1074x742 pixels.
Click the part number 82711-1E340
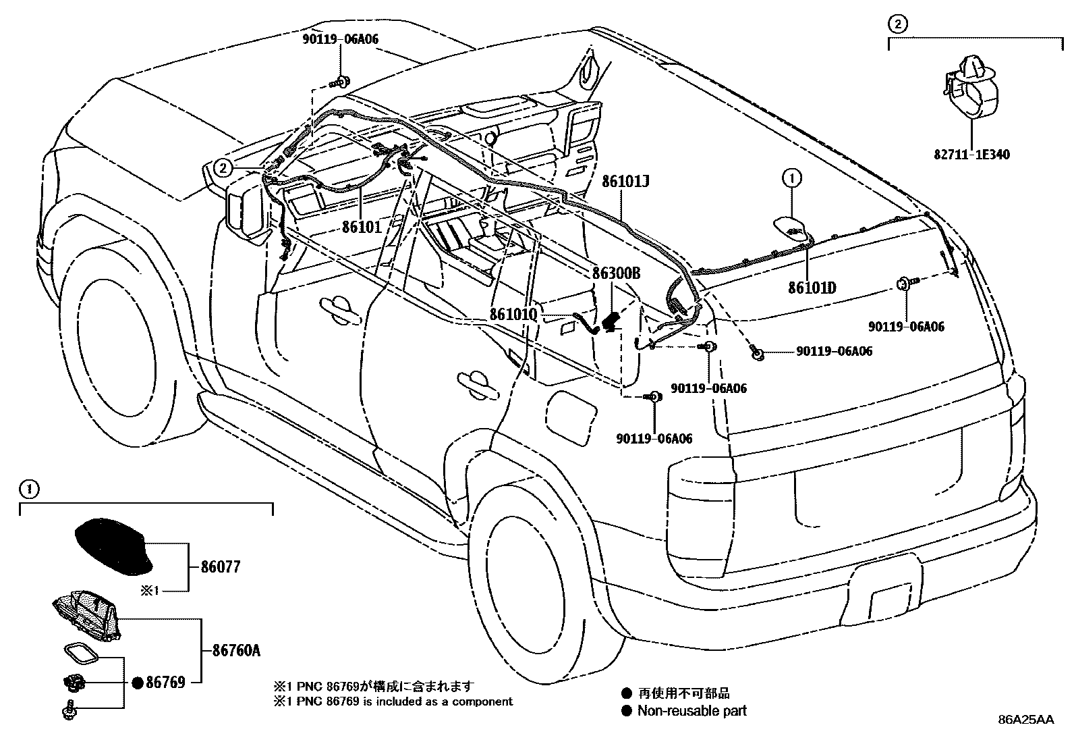[x=971, y=155]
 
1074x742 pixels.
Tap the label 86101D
[x=812, y=288]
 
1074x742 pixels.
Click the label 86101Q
[x=513, y=315]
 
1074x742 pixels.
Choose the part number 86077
[x=220, y=567]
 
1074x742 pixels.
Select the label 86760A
[x=236, y=652]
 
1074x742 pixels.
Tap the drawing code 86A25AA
[x=1025, y=720]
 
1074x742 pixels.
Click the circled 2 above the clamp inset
[x=897, y=25]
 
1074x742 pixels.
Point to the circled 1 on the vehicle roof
[x=791, y=178]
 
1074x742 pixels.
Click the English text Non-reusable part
[x=691, y=710]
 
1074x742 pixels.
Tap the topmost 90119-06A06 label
[x=340, y=39]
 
